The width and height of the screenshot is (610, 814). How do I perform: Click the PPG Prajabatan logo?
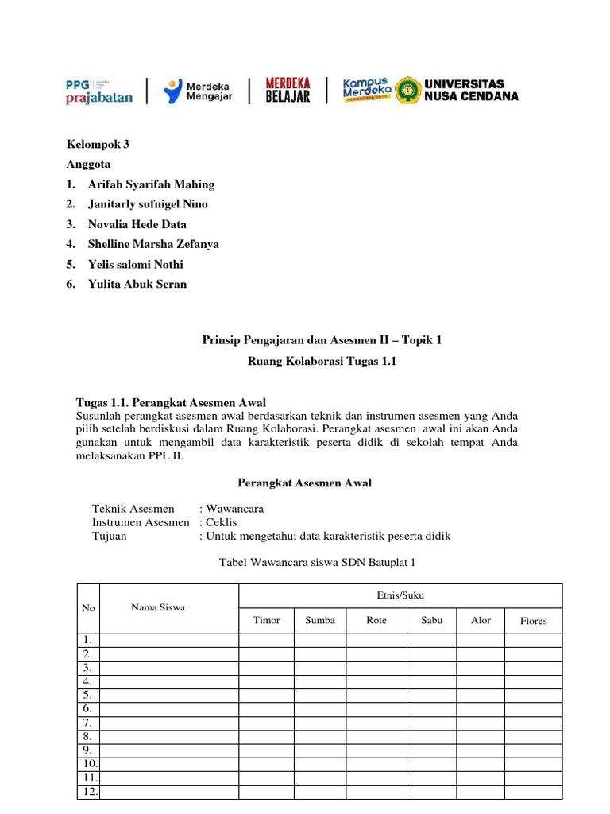tap(99, 91)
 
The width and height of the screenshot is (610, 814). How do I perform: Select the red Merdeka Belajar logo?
tap(287, 90)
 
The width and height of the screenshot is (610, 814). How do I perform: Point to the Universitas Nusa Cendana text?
tap(472, 90)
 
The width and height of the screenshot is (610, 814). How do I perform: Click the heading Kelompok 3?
tap(98, 144)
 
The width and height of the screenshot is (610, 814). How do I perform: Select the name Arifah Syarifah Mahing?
tap(151, 184)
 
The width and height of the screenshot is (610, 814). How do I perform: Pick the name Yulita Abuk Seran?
tap(137, 284)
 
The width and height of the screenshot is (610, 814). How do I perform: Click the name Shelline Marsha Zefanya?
tap(153, 244)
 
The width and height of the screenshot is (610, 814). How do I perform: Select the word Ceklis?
tap(222, 522)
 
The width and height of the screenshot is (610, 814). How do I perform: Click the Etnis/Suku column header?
tap(400, 595)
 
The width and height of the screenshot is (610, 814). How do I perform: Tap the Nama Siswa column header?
tap(158, 607)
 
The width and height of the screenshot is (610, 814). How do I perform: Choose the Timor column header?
tap(266, 620)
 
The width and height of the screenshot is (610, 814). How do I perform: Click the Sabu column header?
tap(432, 620)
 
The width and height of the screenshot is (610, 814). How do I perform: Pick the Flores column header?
tap(533, 621)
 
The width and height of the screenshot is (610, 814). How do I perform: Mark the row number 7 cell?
tap(88, 723)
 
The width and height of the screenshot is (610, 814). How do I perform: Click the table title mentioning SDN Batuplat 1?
tap(317, 563)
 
